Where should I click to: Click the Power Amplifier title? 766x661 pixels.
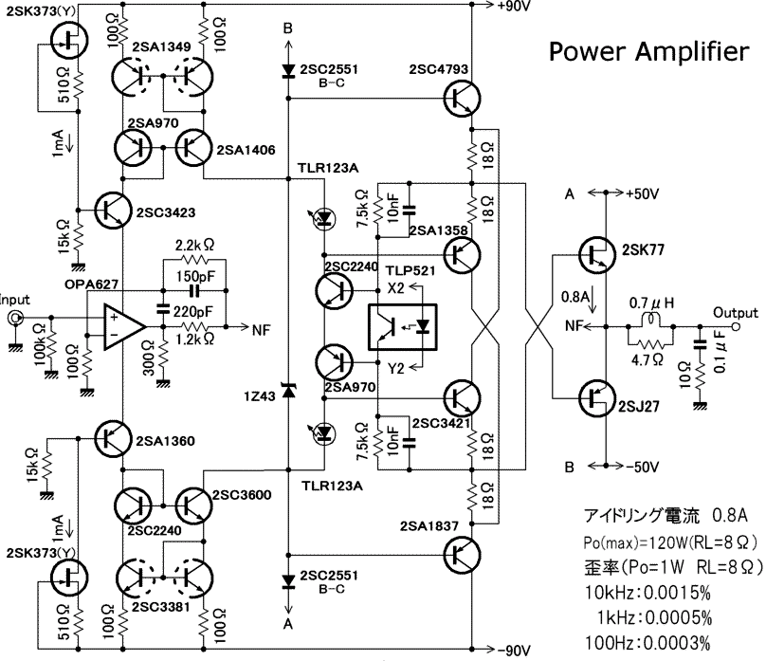tap(648, 52)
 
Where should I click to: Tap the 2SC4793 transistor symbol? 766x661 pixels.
tap(462, 99)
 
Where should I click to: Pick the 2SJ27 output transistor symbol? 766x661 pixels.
tap(597, 398)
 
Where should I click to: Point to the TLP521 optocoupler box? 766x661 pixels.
tap(402, 327)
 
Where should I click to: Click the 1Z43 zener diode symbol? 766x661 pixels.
tap(288, 391)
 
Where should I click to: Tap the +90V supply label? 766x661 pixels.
tap(514, 6)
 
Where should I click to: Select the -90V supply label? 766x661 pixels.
tap(514, 651)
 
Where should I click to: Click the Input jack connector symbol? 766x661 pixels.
tap(14, 319)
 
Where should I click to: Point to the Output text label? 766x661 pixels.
tap(736, 313)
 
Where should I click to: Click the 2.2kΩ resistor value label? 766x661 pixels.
tap(195, 245)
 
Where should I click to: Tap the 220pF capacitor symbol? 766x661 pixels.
tap(162, 309)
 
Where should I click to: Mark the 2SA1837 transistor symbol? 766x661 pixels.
tap(462, 555)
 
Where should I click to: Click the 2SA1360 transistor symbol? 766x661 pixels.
tap(113, 438)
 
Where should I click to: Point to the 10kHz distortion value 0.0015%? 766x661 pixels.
tap(677, 593)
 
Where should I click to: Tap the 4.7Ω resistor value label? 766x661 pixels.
tap(647, 360)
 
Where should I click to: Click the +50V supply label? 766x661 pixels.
tap(643, 194)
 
